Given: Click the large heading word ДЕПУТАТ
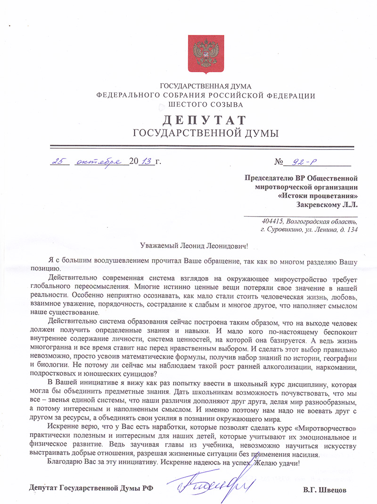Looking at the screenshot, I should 206,119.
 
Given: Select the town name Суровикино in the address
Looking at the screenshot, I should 287,230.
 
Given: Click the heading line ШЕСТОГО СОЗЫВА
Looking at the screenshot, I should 206,104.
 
